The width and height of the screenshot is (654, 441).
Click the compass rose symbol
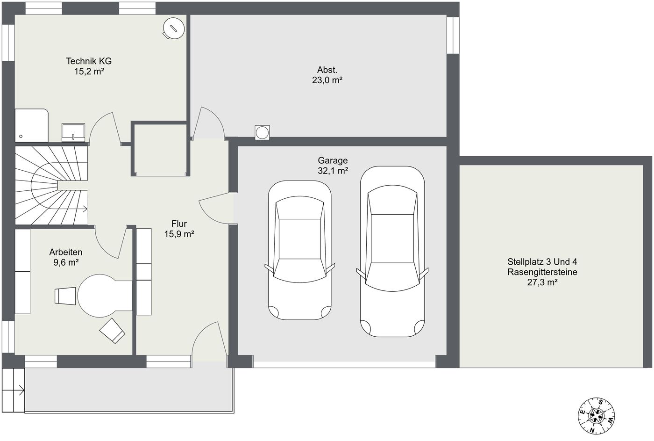pos(596,416)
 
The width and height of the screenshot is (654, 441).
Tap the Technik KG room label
pos(89,61)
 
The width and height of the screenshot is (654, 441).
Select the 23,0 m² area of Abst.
pos(327,80)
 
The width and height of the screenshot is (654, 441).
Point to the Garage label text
pos(333,160)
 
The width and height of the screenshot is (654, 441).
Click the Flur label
pos(179,224)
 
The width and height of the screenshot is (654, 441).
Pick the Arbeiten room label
pos(66,252)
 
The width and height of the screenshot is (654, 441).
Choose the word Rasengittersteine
pos(542,272)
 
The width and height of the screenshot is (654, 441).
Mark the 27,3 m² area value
pos(542,282)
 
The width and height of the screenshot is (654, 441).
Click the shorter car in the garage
pos(300,250)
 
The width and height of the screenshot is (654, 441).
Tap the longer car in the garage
pos(392,251)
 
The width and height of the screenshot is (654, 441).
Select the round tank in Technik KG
pos(173,29)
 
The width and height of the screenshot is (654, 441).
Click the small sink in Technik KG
pos(73,132)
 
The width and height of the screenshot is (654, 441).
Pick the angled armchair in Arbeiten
pos(112,331)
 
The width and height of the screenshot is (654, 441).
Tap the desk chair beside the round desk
pos(65,296)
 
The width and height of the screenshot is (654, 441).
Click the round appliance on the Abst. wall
pos(262,133)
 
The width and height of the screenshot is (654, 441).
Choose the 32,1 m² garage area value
pos(333,171)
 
